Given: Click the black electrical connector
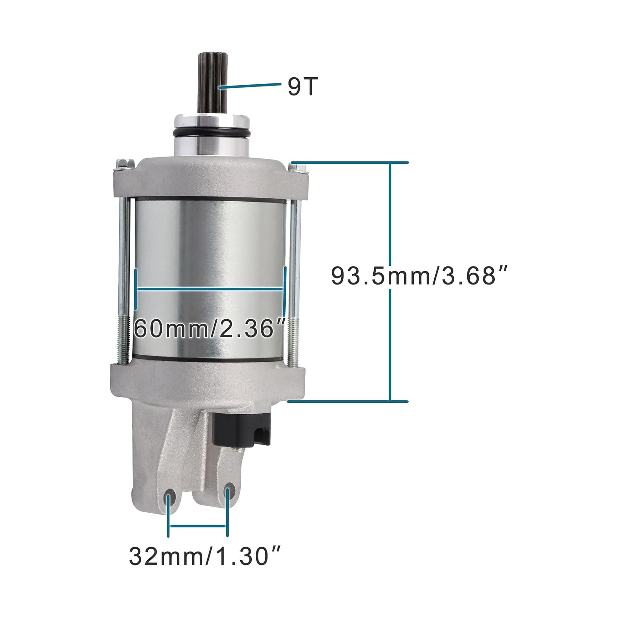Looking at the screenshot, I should [x=241, y=430].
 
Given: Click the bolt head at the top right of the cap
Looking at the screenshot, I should [x=297, y=167].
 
